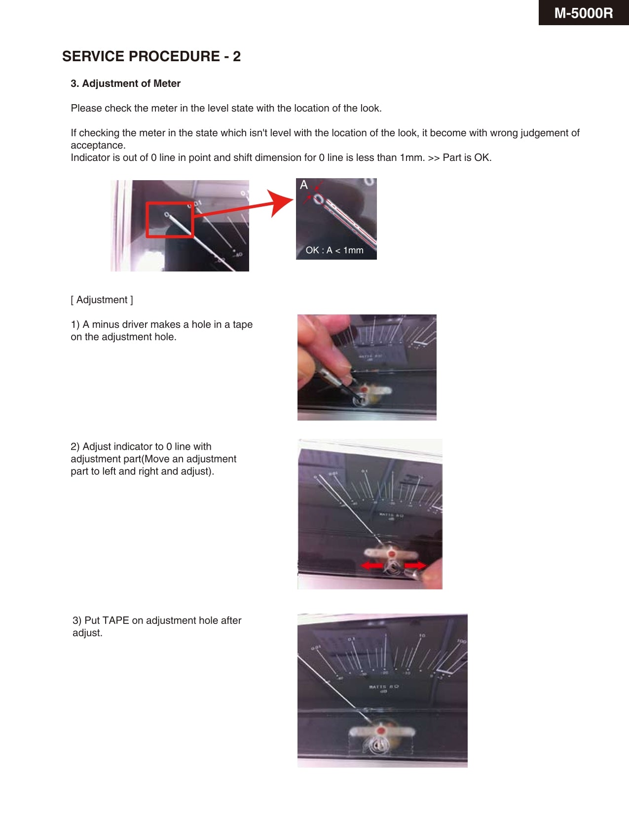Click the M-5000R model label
click(x=583, y=13)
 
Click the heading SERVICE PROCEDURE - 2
click(x=151, y=56)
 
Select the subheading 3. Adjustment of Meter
click(x=125, y=83)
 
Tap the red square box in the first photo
click(x=169, y=220)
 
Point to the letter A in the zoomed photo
click(x=304, y=185)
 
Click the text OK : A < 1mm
click(x=334, y=250)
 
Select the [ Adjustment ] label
click(x=102, y=300)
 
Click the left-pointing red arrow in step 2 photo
click(x=373, y=565)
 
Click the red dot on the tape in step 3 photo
click(x=380, y=730)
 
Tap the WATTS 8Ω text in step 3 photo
click(x=383, y=687)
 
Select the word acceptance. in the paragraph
click(x=98, y=145)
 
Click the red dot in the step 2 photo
click(x=392, y=554)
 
